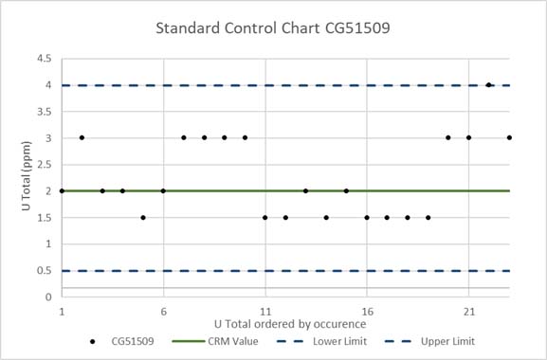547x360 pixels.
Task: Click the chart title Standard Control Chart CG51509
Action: (x=273, y=27)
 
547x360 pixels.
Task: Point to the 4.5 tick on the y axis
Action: (x=45, y=59)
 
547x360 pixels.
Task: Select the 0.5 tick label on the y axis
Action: (x=45, y=271)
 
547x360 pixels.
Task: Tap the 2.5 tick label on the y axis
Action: (x=45, y=165)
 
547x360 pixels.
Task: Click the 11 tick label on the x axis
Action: (x=265, y=310)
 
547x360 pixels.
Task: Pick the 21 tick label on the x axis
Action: (x=468, y=310)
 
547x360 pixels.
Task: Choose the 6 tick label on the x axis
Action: (x=163, y=310)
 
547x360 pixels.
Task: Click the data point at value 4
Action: (x=489, y=85)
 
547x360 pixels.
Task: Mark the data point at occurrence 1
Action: (x=62, y=191)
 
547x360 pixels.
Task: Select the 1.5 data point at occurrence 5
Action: (x=143, y=218)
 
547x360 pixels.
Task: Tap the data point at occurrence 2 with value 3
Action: (x=82, y=138)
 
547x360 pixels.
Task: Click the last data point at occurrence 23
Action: (x=509, y=138)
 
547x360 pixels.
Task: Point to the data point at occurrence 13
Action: (x=305, y=191)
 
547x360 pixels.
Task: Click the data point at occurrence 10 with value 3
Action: (x=245, y=138)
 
